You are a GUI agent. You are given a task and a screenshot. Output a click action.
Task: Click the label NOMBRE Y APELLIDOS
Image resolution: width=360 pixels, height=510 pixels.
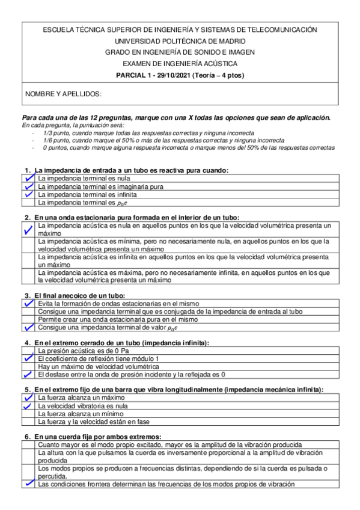(x=63, y=94)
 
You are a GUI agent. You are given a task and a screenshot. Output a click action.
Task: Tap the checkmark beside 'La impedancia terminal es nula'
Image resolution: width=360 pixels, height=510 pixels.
(x=28, y=179)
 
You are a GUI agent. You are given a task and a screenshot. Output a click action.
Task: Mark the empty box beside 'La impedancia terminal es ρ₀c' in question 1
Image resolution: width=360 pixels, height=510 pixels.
(x=28, y=203)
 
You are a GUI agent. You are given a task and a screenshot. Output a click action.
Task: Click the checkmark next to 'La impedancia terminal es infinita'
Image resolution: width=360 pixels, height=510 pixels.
(x=28, y=195)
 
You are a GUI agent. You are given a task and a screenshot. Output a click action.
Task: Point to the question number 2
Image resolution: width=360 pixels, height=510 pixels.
(x=27, y=217)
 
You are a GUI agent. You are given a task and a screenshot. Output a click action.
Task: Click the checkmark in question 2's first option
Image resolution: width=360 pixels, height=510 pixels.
(x=28, y=230)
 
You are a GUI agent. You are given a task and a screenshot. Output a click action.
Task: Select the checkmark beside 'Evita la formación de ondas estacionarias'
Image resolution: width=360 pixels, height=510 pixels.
(x=28, y=304)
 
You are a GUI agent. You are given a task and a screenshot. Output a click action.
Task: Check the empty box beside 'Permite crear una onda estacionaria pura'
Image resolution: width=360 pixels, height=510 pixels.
(x=28, y=320)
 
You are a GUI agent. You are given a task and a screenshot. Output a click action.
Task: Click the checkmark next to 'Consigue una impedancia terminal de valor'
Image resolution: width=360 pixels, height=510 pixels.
(x=28, y=328)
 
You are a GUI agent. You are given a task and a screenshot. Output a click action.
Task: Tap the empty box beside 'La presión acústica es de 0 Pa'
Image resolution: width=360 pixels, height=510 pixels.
(x=28, y=349)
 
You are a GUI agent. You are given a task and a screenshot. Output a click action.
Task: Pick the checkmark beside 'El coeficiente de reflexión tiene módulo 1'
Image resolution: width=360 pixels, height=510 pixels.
(x=28, y=358)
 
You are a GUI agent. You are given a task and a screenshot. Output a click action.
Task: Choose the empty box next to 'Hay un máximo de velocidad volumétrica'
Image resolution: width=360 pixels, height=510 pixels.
(x=28, y=366)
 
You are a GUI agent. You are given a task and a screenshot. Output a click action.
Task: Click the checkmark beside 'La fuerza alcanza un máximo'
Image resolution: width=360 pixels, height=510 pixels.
(x=28, y=398)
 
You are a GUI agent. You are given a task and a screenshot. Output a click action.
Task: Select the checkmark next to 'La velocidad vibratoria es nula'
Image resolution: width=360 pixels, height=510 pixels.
(x=28, y=406)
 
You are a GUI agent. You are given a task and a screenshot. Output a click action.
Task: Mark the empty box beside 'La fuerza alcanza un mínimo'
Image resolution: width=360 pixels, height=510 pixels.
(x=28, y=414)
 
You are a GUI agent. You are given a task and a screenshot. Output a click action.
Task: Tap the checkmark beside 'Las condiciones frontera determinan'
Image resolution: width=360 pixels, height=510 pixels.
(x=28, y=484)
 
